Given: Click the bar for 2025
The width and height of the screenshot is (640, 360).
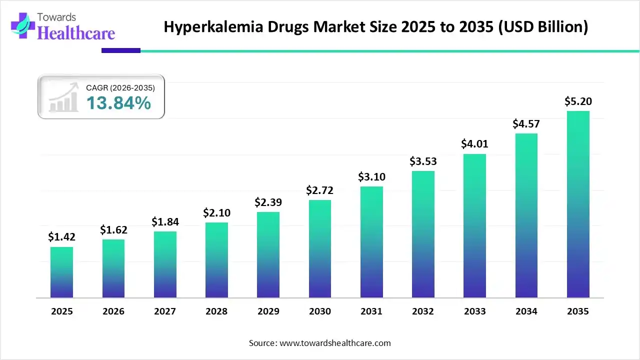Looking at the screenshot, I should click(61, 272).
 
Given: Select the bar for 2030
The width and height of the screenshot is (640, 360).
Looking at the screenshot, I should click(320, 249).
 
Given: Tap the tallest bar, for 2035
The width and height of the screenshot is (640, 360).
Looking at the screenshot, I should click(578, 204).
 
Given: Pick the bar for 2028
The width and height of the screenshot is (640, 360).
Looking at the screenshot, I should click(216, 260).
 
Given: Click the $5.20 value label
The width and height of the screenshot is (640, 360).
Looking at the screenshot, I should click(578, 101).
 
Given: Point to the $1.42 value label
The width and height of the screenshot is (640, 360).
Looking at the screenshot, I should click(61, 237).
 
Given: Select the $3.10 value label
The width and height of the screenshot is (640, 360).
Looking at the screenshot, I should click(371, 176).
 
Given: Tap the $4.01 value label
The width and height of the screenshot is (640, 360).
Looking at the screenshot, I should click(475, 144).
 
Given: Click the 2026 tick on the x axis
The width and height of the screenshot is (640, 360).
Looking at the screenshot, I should click(113, 311).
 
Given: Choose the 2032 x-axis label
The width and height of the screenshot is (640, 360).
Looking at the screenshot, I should click(423, 311).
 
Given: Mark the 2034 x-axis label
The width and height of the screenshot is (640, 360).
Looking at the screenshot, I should click(526, 311).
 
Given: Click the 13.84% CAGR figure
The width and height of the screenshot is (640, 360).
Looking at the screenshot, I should click(118, 103).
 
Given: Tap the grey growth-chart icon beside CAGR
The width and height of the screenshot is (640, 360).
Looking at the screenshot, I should click(63, 97).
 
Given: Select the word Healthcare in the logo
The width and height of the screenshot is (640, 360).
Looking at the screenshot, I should click(76, 33).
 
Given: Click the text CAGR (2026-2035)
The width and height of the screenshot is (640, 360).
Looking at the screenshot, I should click(120, 88).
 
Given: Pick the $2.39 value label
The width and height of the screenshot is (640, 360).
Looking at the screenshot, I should click(268, 202).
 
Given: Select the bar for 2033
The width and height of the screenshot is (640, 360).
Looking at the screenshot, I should click(475, 226).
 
